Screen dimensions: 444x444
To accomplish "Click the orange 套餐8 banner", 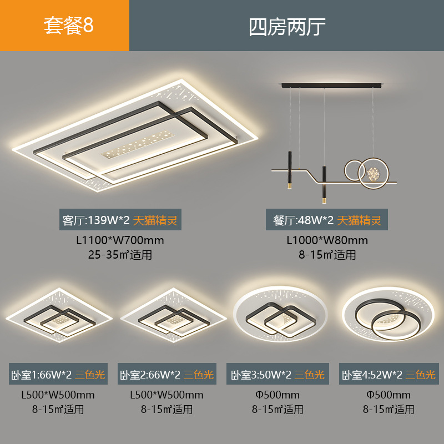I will tap(64, 26).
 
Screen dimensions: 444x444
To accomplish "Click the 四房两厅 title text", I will tap(286, 26).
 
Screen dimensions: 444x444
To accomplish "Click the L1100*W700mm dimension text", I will tap(120, 241).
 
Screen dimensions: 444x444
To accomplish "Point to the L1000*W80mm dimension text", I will tap(327, 241).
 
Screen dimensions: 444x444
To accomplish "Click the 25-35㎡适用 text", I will tap(120, 255).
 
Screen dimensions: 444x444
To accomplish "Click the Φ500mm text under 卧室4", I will tap(389, 395).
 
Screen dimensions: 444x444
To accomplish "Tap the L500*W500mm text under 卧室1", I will tap(58, 395).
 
